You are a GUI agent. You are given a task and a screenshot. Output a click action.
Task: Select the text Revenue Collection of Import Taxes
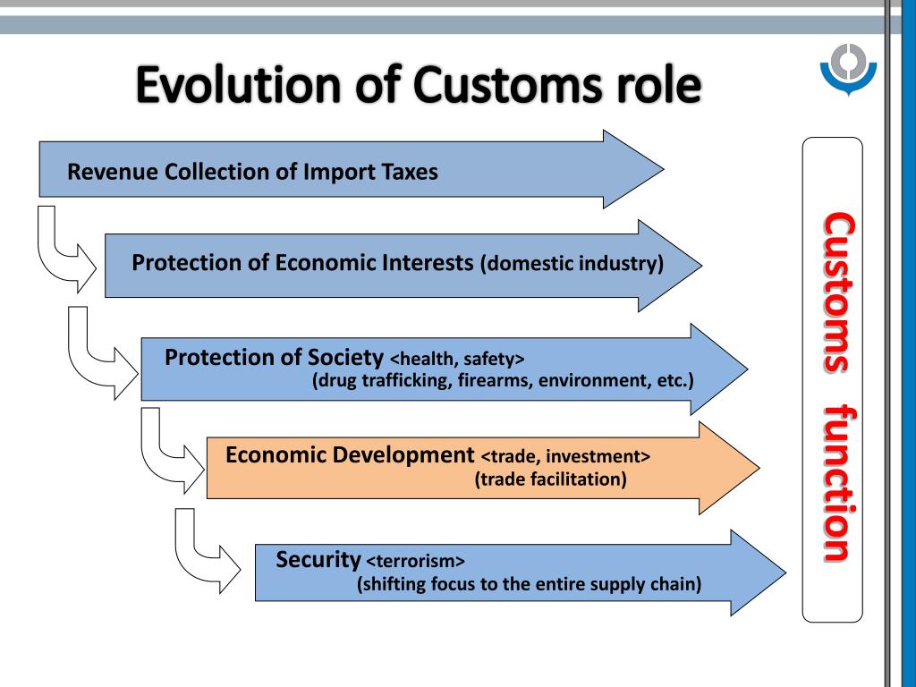253,172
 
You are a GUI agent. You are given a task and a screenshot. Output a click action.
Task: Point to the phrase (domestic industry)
572,265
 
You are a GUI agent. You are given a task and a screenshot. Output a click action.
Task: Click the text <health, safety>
457,360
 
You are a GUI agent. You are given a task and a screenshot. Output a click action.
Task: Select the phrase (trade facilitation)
550,479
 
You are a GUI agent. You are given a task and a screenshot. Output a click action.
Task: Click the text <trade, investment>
565,456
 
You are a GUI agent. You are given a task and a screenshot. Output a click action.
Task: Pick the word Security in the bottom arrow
318,560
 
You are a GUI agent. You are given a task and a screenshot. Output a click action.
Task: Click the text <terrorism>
416,562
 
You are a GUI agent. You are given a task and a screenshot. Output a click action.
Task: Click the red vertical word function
837,484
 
